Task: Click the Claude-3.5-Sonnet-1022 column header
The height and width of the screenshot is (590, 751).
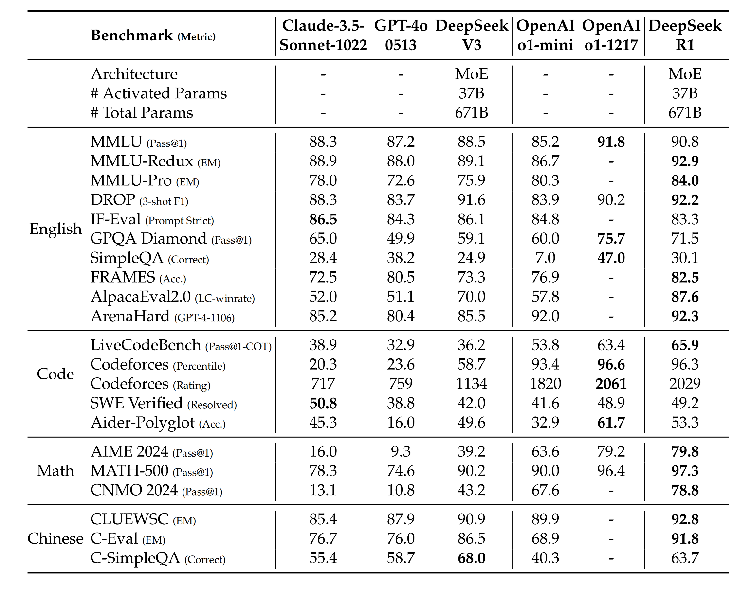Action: click(323, 35)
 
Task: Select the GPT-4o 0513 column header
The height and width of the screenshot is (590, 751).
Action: click(401, 35)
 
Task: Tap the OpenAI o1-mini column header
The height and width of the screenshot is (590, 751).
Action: click(545, 35)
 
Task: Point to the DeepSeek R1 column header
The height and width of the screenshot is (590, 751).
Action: click(685, 35)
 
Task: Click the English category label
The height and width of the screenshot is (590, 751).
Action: click(55, 229)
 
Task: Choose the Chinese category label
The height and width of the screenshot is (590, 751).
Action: click(55, 538)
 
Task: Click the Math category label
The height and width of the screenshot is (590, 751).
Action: click(55, 471)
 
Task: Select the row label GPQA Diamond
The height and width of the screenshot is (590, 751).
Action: click(148, 238)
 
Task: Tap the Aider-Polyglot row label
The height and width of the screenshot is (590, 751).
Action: click(143, 423)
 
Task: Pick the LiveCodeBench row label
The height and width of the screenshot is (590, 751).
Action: click(146, 345)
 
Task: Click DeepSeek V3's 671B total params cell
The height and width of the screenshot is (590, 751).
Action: click(472, 113)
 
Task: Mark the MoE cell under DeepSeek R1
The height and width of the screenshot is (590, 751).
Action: click(685, 74)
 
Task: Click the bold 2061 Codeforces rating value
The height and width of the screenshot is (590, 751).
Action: click(611, 384)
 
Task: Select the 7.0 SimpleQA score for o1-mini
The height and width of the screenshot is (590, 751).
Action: click(545, 258)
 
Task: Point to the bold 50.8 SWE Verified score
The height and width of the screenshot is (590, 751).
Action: click(323, 403)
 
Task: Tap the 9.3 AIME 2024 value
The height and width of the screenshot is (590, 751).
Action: click(401, 451)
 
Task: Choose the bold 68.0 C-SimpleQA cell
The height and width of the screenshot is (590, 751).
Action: click(472, 558)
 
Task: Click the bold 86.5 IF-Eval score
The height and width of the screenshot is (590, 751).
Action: click(323, 219)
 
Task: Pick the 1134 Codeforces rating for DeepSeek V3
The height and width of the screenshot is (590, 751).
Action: click(472, 384)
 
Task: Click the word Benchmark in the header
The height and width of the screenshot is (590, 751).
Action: click(131, 35)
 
